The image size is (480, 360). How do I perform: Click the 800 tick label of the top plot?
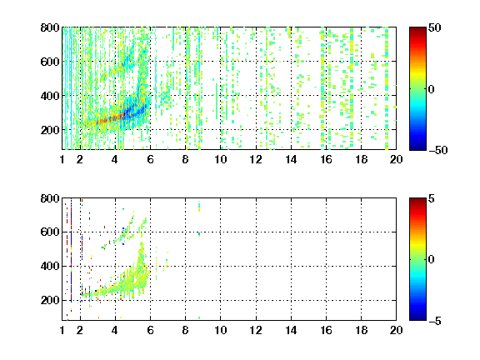50,27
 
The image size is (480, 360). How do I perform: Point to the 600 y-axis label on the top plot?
50,62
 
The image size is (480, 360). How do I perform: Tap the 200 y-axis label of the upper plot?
50,130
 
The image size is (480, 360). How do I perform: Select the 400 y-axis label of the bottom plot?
50,266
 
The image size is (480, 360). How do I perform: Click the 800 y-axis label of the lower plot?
50,198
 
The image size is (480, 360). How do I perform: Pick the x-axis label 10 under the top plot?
220,159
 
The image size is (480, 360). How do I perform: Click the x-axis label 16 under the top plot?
327,159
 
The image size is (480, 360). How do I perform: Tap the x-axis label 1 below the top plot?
62,159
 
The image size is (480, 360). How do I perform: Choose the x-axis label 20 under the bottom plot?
396,330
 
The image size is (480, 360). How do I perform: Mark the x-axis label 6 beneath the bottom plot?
150,330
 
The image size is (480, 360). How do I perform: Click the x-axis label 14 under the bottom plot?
291,330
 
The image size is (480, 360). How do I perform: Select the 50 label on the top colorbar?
435,27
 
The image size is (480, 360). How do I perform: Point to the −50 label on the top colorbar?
438,150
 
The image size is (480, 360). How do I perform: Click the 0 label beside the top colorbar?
432,89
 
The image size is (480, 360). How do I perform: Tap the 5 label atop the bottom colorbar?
432,198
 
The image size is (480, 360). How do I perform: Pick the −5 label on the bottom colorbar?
435,321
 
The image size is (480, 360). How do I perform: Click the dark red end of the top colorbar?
417,29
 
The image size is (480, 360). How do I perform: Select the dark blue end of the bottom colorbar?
417,318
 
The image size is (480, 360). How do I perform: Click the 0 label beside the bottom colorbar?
432,260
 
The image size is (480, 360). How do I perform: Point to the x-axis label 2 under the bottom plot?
80,330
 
